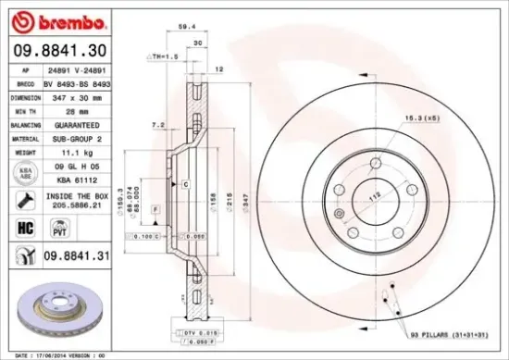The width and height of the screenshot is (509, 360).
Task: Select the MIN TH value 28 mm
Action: tap(74, 109)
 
